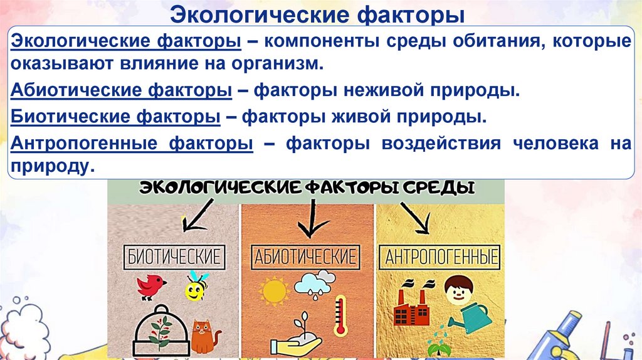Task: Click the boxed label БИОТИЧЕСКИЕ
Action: [x=174, y=257]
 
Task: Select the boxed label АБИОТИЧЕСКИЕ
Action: [x=305, y=257]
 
